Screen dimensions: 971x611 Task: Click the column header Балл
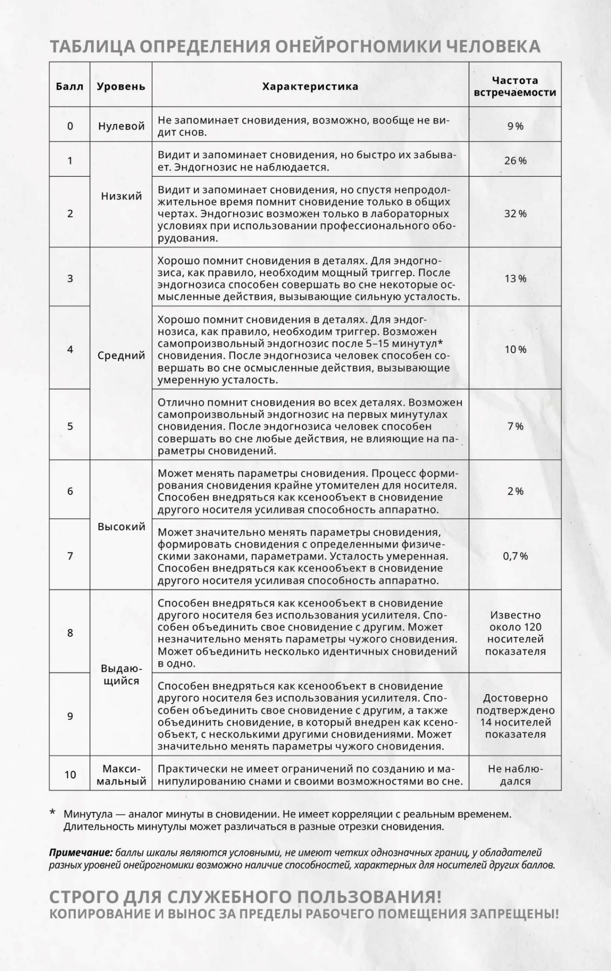click(x=70, y=86)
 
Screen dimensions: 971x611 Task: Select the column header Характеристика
click(x=310, y=86)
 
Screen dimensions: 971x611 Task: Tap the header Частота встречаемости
click(x=515, y=86)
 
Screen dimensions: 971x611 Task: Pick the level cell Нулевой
click(x=121, y=126)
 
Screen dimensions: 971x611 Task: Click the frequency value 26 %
click(x=515, y=160)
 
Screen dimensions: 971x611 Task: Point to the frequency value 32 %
click(x=515, y=214)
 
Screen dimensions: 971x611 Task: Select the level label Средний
click(x=121, y=355)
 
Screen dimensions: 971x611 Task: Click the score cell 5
click(x=70, y=426)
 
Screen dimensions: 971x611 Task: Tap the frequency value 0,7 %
click(x=515, y=556)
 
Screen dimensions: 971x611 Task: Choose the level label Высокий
click(x=121, y=527)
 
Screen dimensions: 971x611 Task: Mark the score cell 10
click(x=70, y=775)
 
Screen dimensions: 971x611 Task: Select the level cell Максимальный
click(x=121, y=775)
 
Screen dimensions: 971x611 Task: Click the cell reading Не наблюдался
click(x=515, y=775)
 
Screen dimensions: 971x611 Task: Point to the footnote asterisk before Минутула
click(x=52, y=812)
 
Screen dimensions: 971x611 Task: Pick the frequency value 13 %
click(x=515, y=278)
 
